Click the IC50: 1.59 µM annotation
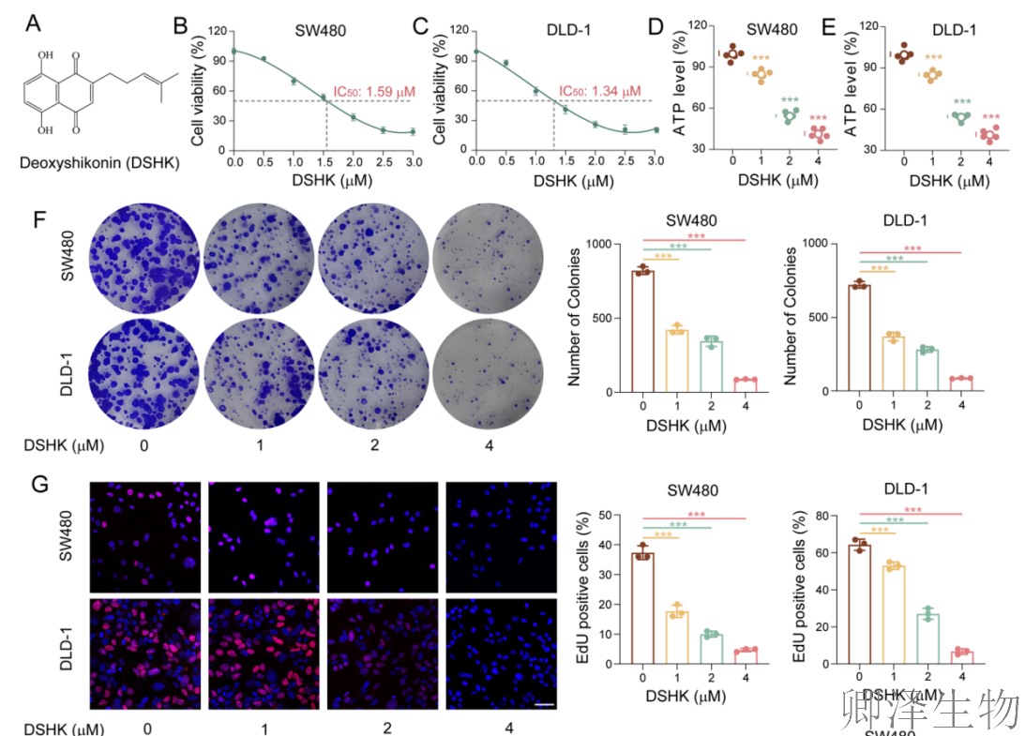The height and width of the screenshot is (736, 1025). [374, 92]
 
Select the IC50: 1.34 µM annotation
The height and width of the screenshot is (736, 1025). [599, 91]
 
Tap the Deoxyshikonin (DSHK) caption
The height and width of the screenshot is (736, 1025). [99, 162]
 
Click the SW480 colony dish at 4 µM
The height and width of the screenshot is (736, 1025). [488, 258]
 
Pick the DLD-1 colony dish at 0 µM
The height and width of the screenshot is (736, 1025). [143, 373]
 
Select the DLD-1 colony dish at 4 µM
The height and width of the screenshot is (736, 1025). [488, 373]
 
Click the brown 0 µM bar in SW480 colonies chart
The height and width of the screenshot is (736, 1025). [642, 331]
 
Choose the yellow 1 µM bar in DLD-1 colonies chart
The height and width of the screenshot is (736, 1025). [893, 364]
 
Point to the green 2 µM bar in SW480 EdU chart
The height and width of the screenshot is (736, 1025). [711, 649]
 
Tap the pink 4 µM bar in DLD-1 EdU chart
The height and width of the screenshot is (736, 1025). [961, 657]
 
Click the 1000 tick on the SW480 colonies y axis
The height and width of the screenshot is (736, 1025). [599, 244]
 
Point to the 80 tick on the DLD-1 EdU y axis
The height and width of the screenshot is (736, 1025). [822, 516]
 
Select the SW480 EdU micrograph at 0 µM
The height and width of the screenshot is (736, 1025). [145, 537]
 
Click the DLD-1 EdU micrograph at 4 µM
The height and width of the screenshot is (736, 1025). [502, 653]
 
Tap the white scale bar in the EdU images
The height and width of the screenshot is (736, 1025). [545, 705]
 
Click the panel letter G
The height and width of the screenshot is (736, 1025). [40, 485]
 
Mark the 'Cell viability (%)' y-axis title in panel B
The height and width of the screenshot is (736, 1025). [198, 90]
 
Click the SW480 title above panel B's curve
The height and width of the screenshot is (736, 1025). [321, 31]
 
